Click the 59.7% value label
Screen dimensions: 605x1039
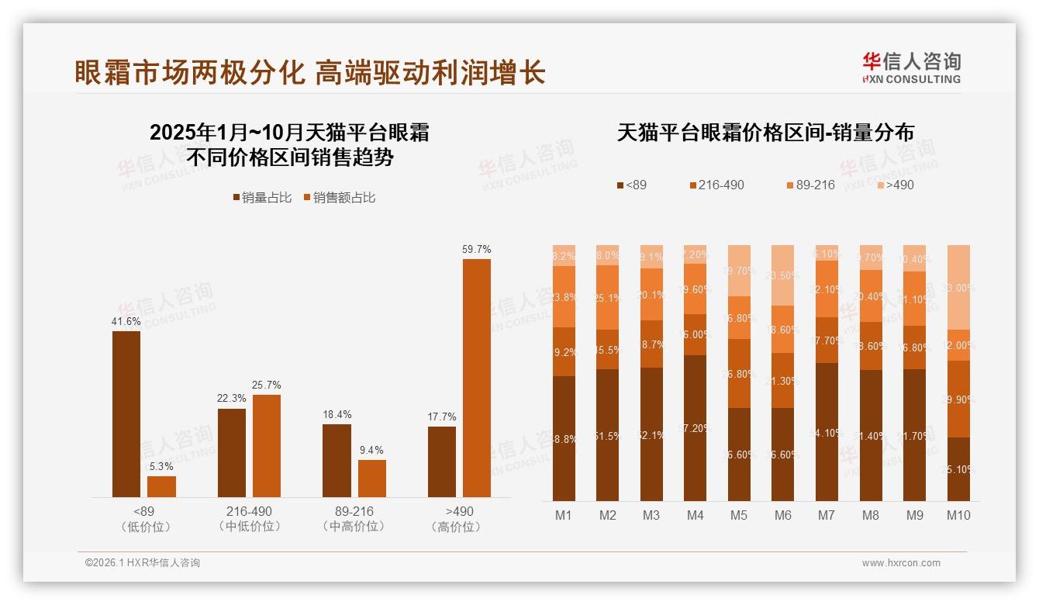tap(476, 250)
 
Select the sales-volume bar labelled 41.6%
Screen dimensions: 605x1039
tap(126, 414)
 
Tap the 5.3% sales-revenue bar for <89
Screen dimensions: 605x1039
tap(161, 486)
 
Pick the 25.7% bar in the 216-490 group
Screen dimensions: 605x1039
tap(266, 446)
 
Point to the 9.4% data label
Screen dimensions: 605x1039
tap(371, 451)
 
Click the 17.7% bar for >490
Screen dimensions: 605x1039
tap(441, 462)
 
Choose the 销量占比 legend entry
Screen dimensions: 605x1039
tap(262, 198)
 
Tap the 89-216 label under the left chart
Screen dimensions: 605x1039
tap(354, 512)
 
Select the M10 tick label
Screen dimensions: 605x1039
tap(958, 515)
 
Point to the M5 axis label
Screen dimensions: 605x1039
tap(739, 515)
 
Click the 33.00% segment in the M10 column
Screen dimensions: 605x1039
tap(959, 287)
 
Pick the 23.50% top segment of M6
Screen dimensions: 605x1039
tap(782, 275)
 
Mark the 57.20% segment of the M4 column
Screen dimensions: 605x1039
tap(695, 428)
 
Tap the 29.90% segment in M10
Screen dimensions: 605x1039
tap(959, 399)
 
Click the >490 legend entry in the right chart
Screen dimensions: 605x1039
tap(895, 185)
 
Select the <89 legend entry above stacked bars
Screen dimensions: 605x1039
tap(631, 185)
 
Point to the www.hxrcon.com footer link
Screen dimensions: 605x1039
tap(901, 563)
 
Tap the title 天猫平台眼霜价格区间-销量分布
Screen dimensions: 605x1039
tap(765, 133)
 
